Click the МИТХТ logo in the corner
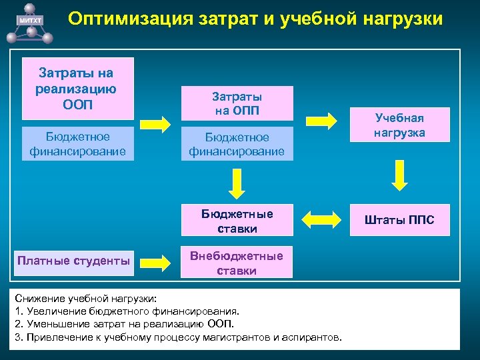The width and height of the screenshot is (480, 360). point(30,20)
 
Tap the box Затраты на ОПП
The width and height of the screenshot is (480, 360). point(237,103)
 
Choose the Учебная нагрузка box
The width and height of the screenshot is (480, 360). point(399,125)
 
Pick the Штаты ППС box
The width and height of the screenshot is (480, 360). point(399,220)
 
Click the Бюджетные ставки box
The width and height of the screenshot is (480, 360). point(237,221)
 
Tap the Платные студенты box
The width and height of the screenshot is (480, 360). point(74,261)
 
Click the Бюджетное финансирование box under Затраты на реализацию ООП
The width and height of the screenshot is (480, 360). point(77,143)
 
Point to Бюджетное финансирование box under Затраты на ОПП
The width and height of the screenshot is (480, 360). point(237,144)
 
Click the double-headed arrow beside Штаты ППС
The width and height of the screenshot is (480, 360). point(322,220)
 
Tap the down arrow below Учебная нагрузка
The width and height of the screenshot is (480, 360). point(399,175)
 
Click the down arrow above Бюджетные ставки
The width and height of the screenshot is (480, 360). point(236,183)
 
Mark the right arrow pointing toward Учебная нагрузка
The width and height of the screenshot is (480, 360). point(322,120)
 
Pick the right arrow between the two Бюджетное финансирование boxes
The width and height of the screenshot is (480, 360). point(157,124)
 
